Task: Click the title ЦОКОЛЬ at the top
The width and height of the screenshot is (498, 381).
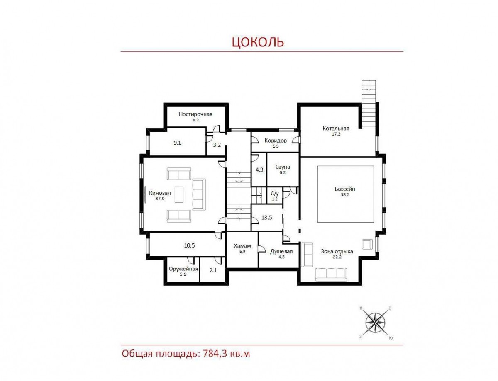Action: point(258,42)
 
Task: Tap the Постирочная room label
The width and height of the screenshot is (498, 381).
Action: point(195,114)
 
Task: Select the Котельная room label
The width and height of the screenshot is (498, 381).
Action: point(336,129)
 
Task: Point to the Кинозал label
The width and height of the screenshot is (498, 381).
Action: point(160,193)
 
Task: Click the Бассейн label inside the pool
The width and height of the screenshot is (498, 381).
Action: point(345,189)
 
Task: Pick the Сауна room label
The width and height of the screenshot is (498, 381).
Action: point(283,167)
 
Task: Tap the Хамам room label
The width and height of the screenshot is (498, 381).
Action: point(242,246)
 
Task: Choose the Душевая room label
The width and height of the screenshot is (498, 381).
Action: point(281,252)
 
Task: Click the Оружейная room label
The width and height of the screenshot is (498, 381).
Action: point(183,269)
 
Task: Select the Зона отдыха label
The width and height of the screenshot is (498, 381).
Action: point(337,252)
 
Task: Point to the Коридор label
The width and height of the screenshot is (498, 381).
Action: point(276,141)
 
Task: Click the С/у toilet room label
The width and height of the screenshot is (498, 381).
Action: point(275,194)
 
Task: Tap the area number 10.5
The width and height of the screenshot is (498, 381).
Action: point(189,245)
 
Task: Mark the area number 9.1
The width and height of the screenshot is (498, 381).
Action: point(177,143)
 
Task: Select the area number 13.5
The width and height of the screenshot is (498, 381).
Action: point(267,218)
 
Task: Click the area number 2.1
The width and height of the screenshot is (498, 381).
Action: point(213,270)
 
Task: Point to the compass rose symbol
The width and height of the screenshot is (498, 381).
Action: point(375,323)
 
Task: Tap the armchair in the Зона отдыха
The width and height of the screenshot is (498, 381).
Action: point(367,244)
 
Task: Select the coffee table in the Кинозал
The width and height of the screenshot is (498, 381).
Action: point(179,194)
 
